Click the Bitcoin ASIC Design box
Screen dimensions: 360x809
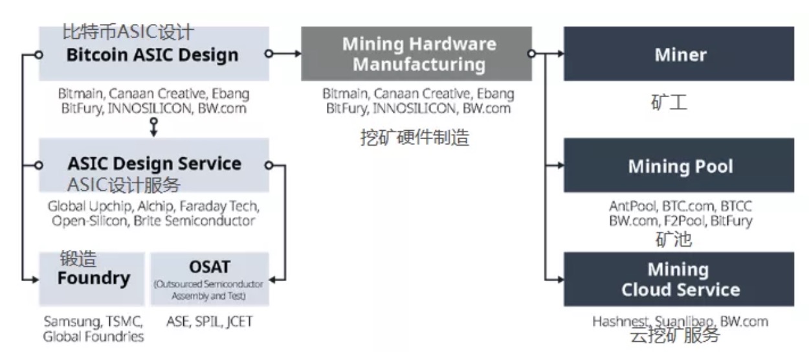point(153,54)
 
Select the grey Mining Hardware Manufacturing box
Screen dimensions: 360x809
point(416,54)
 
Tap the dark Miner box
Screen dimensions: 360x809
point(679,54)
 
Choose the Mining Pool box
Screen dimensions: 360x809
point(679,166)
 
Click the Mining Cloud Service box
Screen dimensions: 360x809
point(679,279)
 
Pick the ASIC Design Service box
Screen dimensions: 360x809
point(153,165)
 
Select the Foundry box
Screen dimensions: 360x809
point(93,279)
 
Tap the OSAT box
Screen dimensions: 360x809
point(209,279)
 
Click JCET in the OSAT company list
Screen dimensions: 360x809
point(236,321)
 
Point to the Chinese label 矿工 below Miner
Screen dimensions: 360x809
point(669,103)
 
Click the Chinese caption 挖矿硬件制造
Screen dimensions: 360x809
point(414,137)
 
